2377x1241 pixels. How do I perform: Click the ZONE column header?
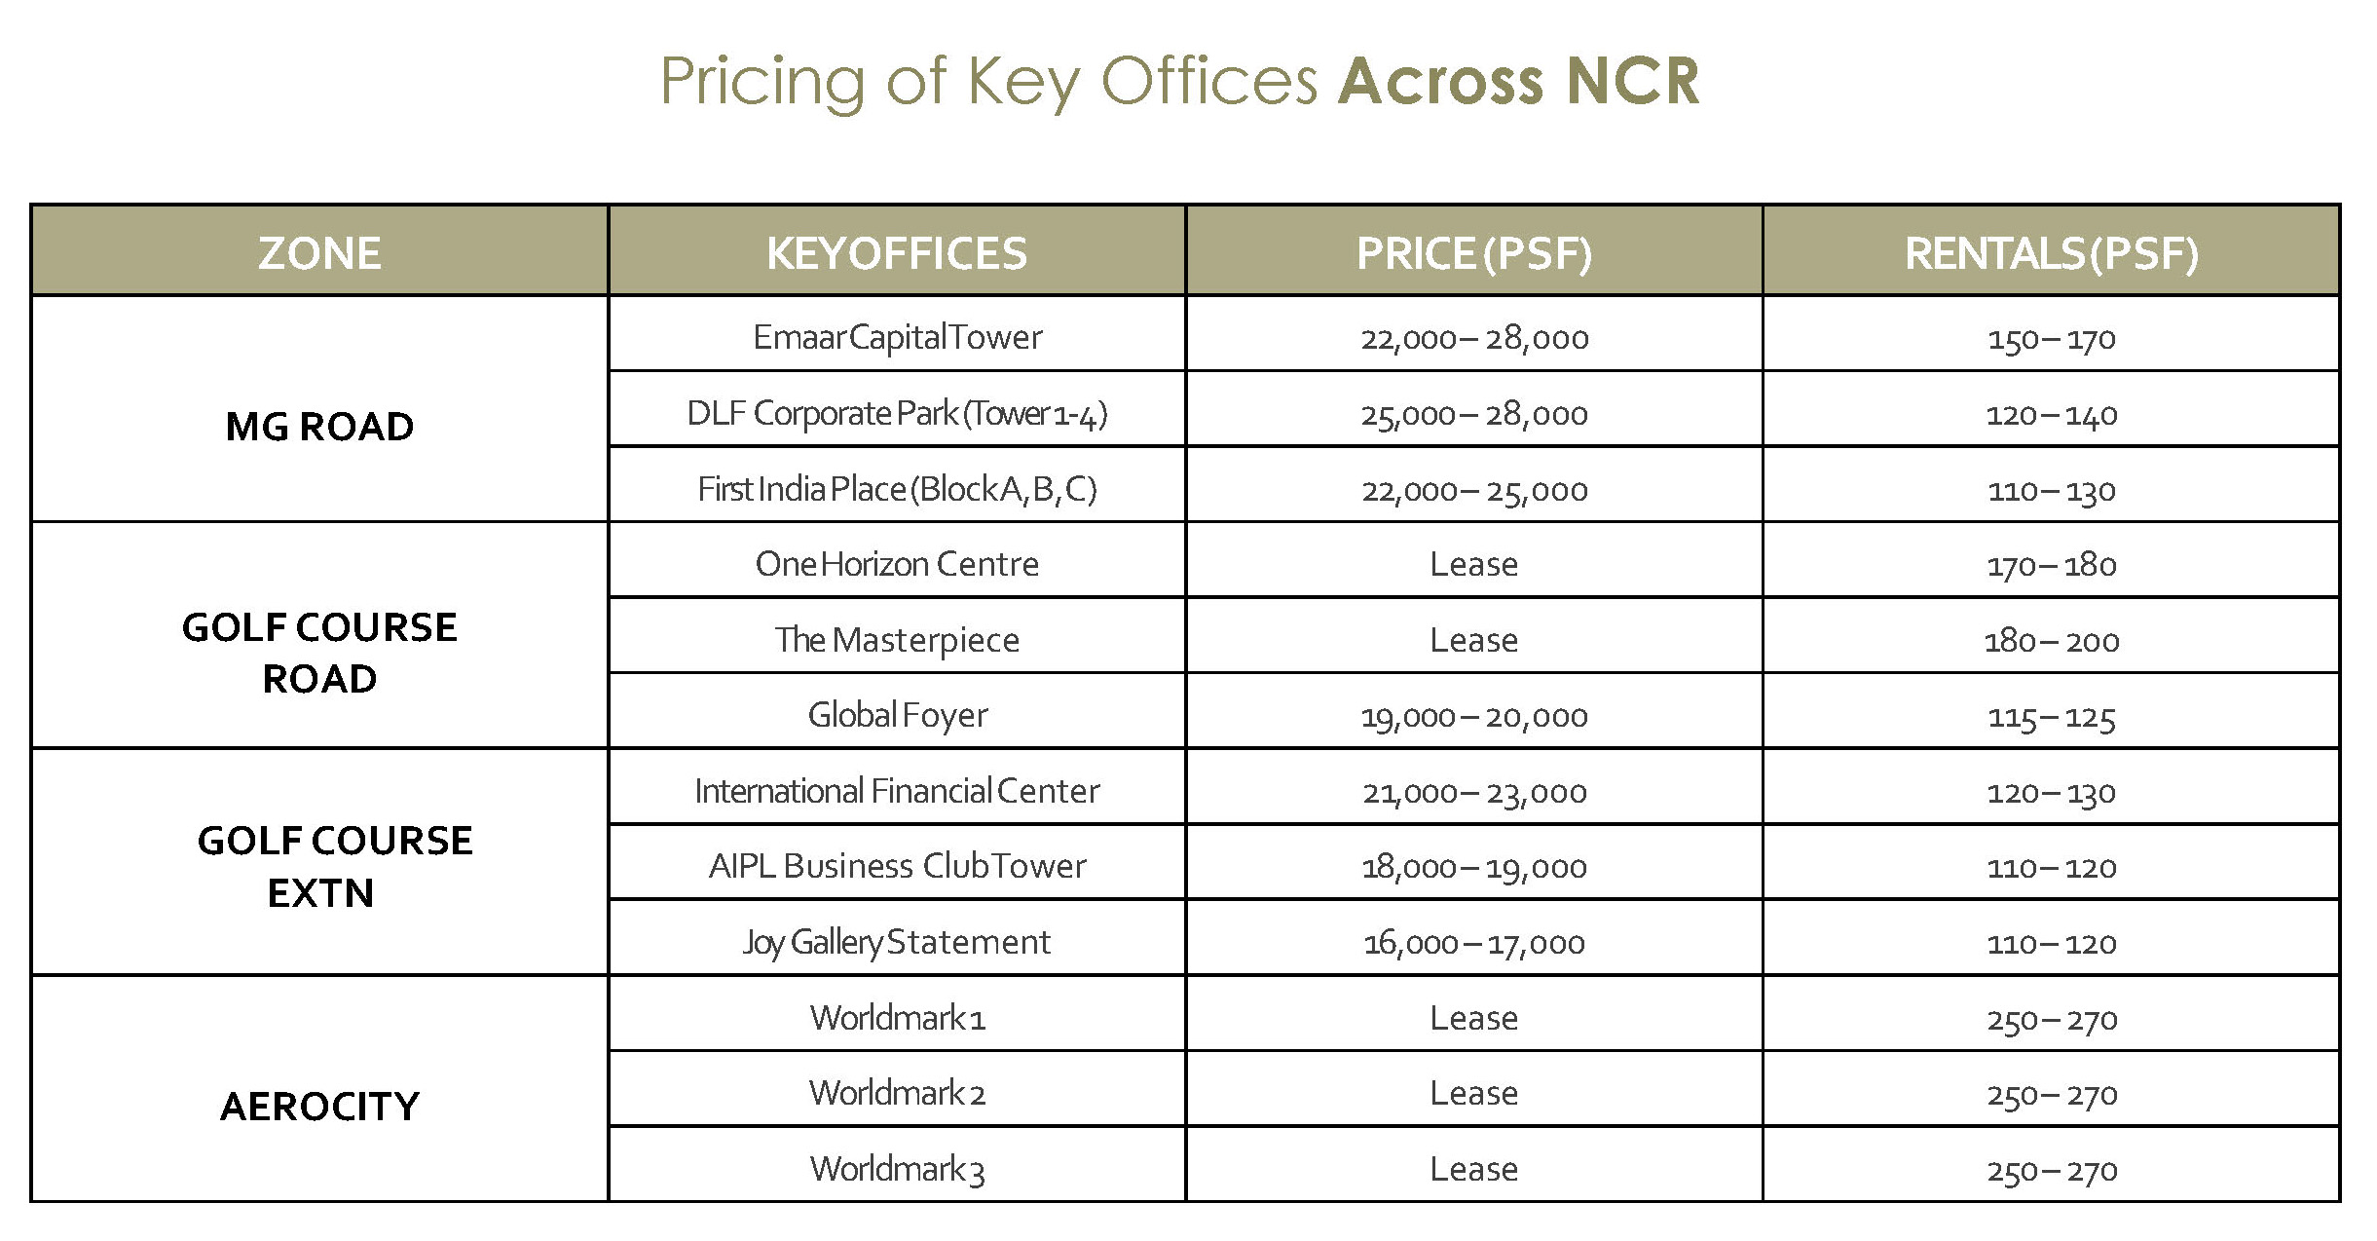tap(319, 253)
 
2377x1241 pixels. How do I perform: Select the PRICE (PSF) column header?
tap(1473, 253)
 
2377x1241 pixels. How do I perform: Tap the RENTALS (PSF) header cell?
tap(2051, 253)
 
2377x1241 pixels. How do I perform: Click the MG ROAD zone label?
tap(319, 427)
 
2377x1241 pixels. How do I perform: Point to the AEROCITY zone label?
tap(319, 1107)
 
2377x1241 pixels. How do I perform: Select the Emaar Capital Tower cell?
tap(897, 337)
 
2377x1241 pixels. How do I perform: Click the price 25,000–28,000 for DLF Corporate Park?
tap(1473, 414)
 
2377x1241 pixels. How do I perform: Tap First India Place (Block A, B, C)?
tap(897, 489)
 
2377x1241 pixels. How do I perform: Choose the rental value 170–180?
tap(2051, 565)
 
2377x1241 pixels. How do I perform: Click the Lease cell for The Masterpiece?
tap(1473, 640)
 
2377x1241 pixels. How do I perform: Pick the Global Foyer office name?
tap(897, 716)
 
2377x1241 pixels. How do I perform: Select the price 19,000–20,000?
tap(1473, 717)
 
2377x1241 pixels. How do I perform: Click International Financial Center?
tap(897, 791)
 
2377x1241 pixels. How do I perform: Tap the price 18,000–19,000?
tap(1473, 867)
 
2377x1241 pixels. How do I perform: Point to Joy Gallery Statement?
tap(897, 942)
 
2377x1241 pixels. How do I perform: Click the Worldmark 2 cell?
tap(897, 1093)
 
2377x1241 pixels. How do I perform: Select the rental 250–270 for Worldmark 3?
tap(2051, 1170)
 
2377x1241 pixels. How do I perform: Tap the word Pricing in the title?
tap(762, 81)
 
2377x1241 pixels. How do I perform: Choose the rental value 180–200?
tap(2051, 641)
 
